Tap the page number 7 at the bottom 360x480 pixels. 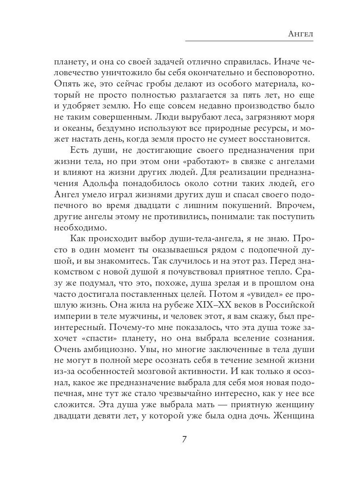(184, 439)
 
